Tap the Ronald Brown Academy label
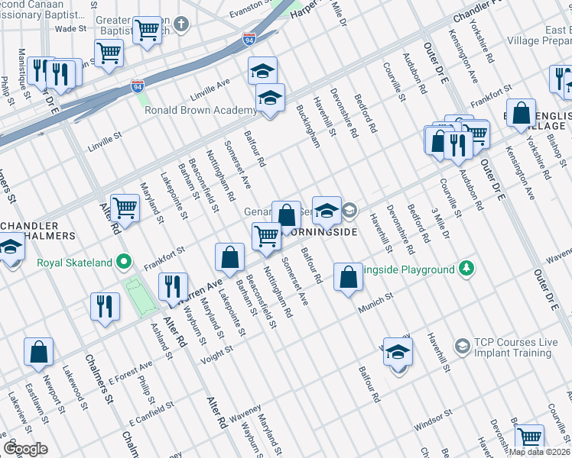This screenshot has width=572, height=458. click(x=200, y=110)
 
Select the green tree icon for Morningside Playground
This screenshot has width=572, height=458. click(x=465, y=269)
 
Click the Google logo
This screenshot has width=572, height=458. click(x=25, y=449)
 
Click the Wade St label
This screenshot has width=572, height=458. click(x=71, y=28)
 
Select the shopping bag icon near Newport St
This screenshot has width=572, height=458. click(x=38, y=353)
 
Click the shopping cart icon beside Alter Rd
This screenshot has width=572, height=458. click(x=124, y=208)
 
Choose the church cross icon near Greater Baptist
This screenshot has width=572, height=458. click(x=180, y=24)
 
